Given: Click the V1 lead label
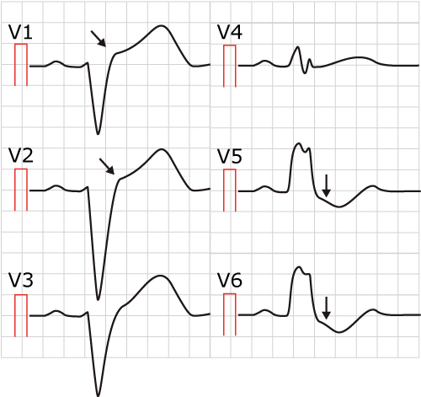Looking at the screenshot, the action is (20, 32).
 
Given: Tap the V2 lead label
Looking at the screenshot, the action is (21, 156).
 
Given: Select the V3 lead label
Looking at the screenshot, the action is (21, 280).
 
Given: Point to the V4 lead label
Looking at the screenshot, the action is (230, 32).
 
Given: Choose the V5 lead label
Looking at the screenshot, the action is (230, 156).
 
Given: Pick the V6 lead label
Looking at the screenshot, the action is (230, 281).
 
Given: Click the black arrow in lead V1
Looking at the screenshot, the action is (99, 39).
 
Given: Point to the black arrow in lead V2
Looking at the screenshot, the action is (107, 166).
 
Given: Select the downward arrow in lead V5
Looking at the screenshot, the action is (326, 185).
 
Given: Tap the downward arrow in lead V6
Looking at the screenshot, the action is (326, 308).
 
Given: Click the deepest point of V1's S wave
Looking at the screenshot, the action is (98, 134).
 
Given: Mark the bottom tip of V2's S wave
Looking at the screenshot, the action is (98, 299).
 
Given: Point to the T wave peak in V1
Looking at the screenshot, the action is (161, 26).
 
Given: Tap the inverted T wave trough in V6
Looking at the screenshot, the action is (339, 332).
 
